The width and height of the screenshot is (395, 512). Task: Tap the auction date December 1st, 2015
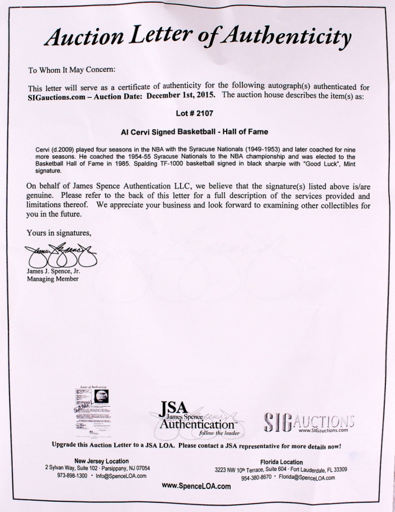click(x=186, y=95)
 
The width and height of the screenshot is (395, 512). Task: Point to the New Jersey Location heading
click(x=101, y=461)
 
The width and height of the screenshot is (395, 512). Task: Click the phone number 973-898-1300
click(x=65, y=475)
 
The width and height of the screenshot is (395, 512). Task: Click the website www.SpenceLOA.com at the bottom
click(x=196, y=487)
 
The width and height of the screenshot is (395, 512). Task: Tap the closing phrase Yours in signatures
click(x=59, y=233)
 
